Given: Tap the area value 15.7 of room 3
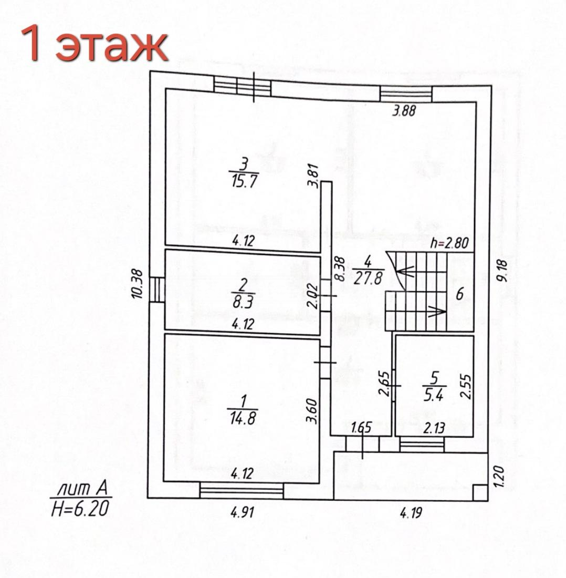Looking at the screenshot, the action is pos(244,181).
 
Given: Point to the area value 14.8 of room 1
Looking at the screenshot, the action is pos(242,418).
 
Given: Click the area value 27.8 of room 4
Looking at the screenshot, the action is pos(368,277).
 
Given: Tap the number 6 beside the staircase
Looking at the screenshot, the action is pos(459,294).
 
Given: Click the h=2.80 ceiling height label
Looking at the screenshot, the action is pos(450,243).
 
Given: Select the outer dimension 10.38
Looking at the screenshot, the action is pos(137,284).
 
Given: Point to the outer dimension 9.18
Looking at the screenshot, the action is pos(502,271).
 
